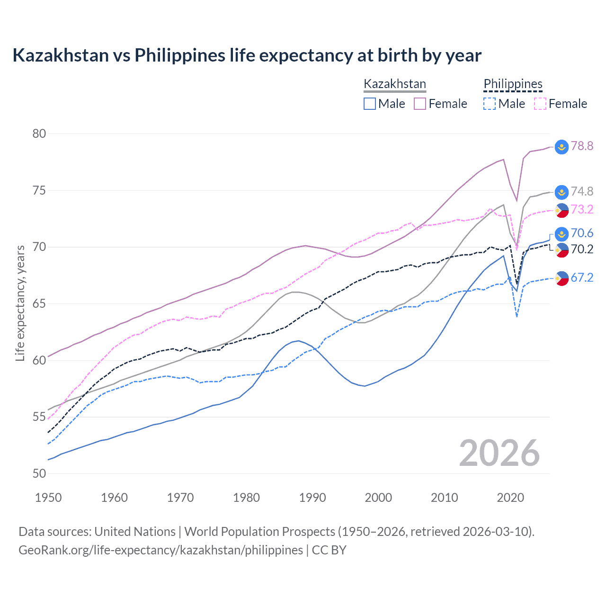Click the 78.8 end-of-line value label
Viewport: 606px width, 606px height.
click(x=582, y=146)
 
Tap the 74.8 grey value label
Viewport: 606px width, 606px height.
click(x=582, y=191)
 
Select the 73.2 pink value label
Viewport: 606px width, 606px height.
click(x=582, y=209)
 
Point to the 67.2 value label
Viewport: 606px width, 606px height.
click(x=582, y=277)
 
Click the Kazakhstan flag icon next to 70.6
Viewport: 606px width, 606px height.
click(x=561, y=233)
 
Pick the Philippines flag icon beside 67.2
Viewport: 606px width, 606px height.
click(x=561, y=278)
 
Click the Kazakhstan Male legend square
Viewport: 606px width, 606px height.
click(x=370, y=104)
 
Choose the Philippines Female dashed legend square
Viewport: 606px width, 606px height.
click(x=540, y=104)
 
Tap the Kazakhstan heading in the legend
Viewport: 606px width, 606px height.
click(x=395, y=84)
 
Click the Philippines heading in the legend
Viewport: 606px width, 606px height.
click(x=513, y=84)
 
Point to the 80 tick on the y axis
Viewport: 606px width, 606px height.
click(x=39, y=134)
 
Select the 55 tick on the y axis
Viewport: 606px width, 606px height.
click(x=39, y=417)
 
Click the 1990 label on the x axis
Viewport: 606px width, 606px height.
click(x=312, y=498)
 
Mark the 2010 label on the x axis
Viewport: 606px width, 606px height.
click(x=444, y=498)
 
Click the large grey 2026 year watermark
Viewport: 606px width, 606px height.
click(x=499, y=453)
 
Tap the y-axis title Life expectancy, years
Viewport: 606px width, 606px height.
click(x=20, y=303)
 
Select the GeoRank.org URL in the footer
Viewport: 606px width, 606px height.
click(x=160, y=550)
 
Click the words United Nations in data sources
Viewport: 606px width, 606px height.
click(x=135, y=532)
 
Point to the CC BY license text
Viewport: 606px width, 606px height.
click(x=329, y=550)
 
